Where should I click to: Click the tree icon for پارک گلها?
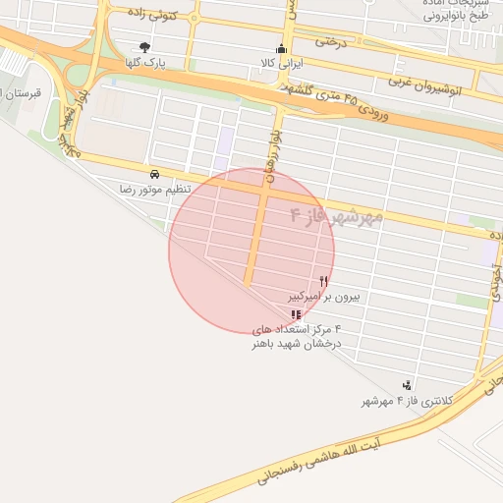[x=145, y=47]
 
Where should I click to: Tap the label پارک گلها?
[x=143, y=63]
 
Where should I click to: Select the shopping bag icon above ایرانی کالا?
[x=281, y=49]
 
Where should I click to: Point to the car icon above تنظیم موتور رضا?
[x=154, y=173]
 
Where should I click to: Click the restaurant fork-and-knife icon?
[x=324, y=281]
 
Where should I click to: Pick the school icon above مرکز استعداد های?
[x=296, y=314]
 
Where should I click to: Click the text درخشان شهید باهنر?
[x=296, y=344]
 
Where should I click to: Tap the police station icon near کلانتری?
[x=407, y=384]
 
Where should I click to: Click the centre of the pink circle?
[x=251, y=251]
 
